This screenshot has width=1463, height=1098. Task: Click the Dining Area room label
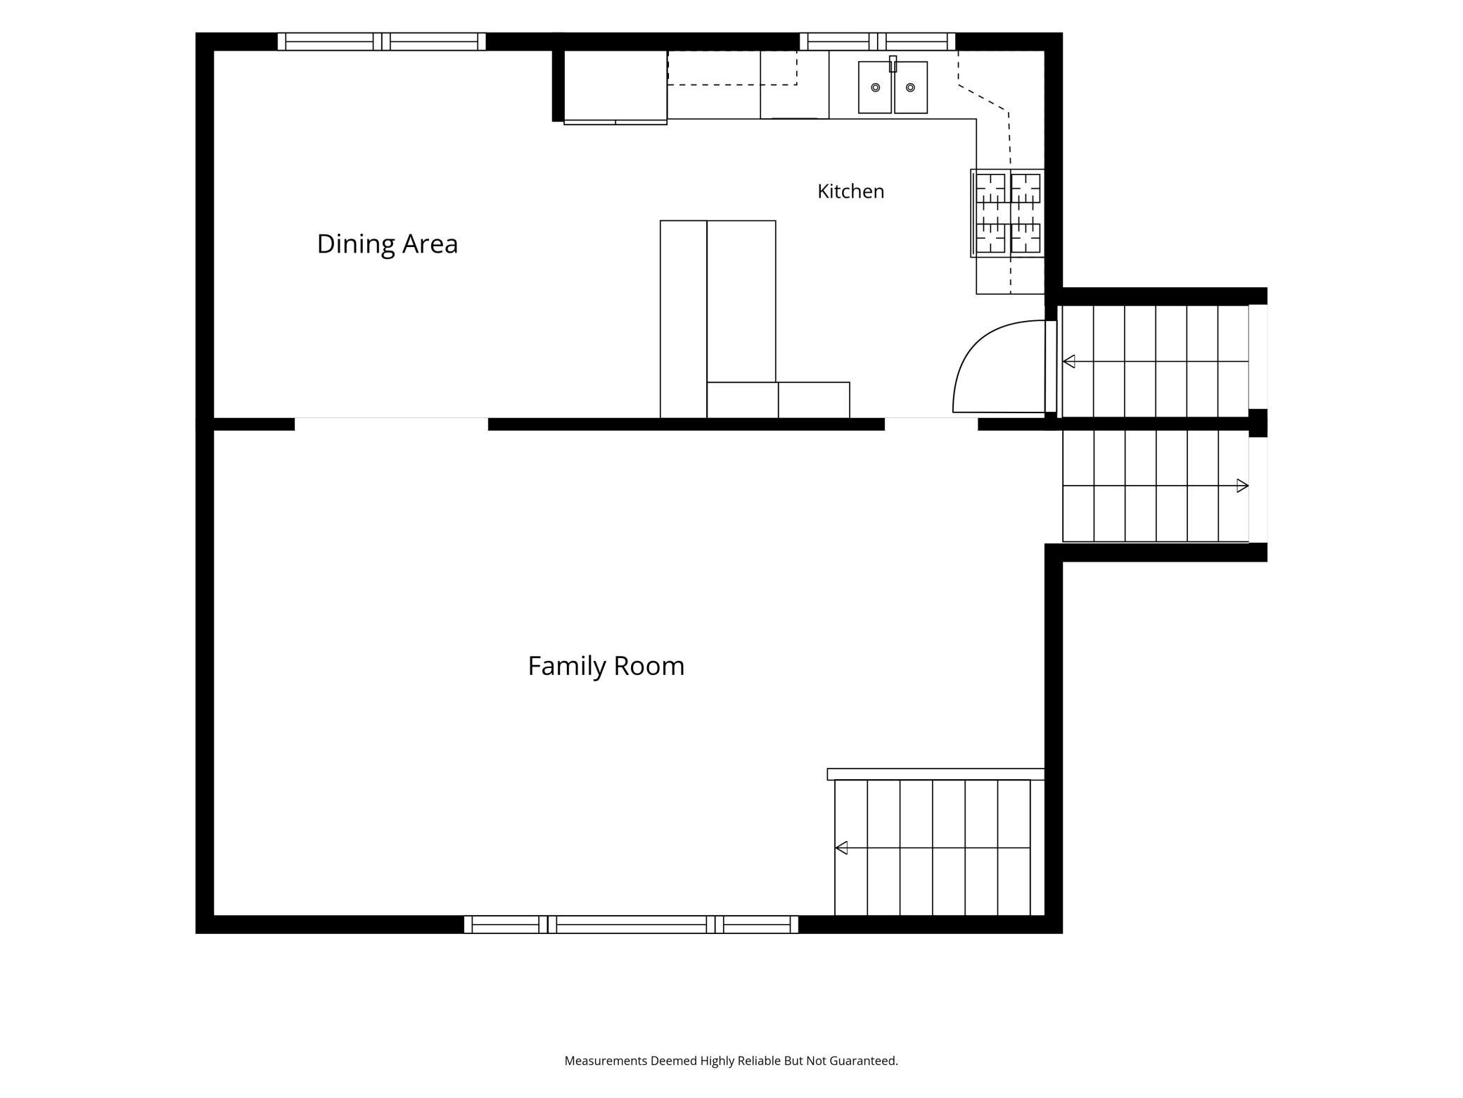[388, 244]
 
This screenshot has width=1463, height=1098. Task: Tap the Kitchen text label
[850, 191]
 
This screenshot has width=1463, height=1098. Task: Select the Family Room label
[606, 666]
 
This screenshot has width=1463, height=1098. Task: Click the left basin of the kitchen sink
[875, 87]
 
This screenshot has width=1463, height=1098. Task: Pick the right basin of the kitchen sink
[911, 87]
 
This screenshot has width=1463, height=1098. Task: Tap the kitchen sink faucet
[893, 64]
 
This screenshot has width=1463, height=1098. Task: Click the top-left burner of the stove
[990, 188]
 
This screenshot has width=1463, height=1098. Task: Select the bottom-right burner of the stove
[1026, 238]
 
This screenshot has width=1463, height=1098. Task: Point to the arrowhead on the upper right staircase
[1068, 362]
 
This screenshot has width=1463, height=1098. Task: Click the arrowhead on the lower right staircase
[1243, 486]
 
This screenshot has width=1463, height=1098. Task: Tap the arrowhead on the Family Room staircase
[841, 848]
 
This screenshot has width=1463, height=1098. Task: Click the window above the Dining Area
[381, 42]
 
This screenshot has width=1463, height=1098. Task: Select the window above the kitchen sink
[877, 42]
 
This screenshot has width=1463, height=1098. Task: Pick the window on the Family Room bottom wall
[631, 925]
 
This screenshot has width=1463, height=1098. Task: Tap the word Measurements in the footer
[606, 1061]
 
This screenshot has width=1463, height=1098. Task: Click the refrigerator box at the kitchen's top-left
[615, 85]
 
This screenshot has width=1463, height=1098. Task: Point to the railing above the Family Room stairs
[935, 774]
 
